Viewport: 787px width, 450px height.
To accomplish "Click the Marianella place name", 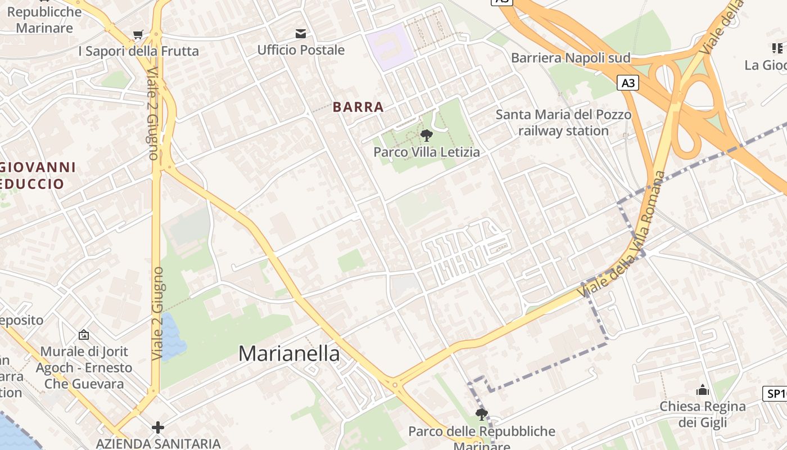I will (289, 353).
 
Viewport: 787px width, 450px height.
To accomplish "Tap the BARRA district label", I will (358, 107).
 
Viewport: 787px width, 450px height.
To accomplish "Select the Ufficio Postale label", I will (301, 50).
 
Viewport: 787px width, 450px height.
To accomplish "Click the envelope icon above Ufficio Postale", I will (301, 34).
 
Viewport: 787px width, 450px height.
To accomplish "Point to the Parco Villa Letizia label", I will (427, 152).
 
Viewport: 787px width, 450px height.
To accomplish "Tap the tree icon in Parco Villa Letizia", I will (426, 135).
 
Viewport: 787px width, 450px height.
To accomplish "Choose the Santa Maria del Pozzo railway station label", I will (563, 123).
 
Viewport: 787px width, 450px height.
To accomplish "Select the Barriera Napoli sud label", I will (571, 58).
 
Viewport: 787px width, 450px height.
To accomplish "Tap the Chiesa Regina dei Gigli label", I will (703, 414).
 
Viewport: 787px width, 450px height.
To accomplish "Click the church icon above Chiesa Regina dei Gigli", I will (703, 390).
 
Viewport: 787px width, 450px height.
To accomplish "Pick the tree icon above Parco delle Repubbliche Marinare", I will (481, 415).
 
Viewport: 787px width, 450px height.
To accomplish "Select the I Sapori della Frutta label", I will (138, 51).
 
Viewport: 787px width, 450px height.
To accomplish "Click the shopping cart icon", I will (138, 35).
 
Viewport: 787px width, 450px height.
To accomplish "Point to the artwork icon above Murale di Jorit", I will (84, 335).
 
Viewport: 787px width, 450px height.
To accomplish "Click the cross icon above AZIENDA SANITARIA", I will (158, 427).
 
